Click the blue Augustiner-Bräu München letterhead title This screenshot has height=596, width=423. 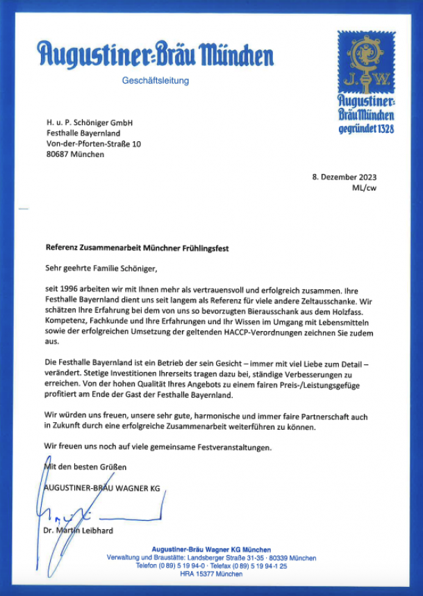point(156,54)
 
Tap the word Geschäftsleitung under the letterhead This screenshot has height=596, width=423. point(155,81)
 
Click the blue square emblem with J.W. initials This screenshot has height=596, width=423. point(365,63)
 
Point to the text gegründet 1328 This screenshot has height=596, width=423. point(367,129)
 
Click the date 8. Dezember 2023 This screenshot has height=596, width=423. point(345,177)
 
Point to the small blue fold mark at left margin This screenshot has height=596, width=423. point(24,208)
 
